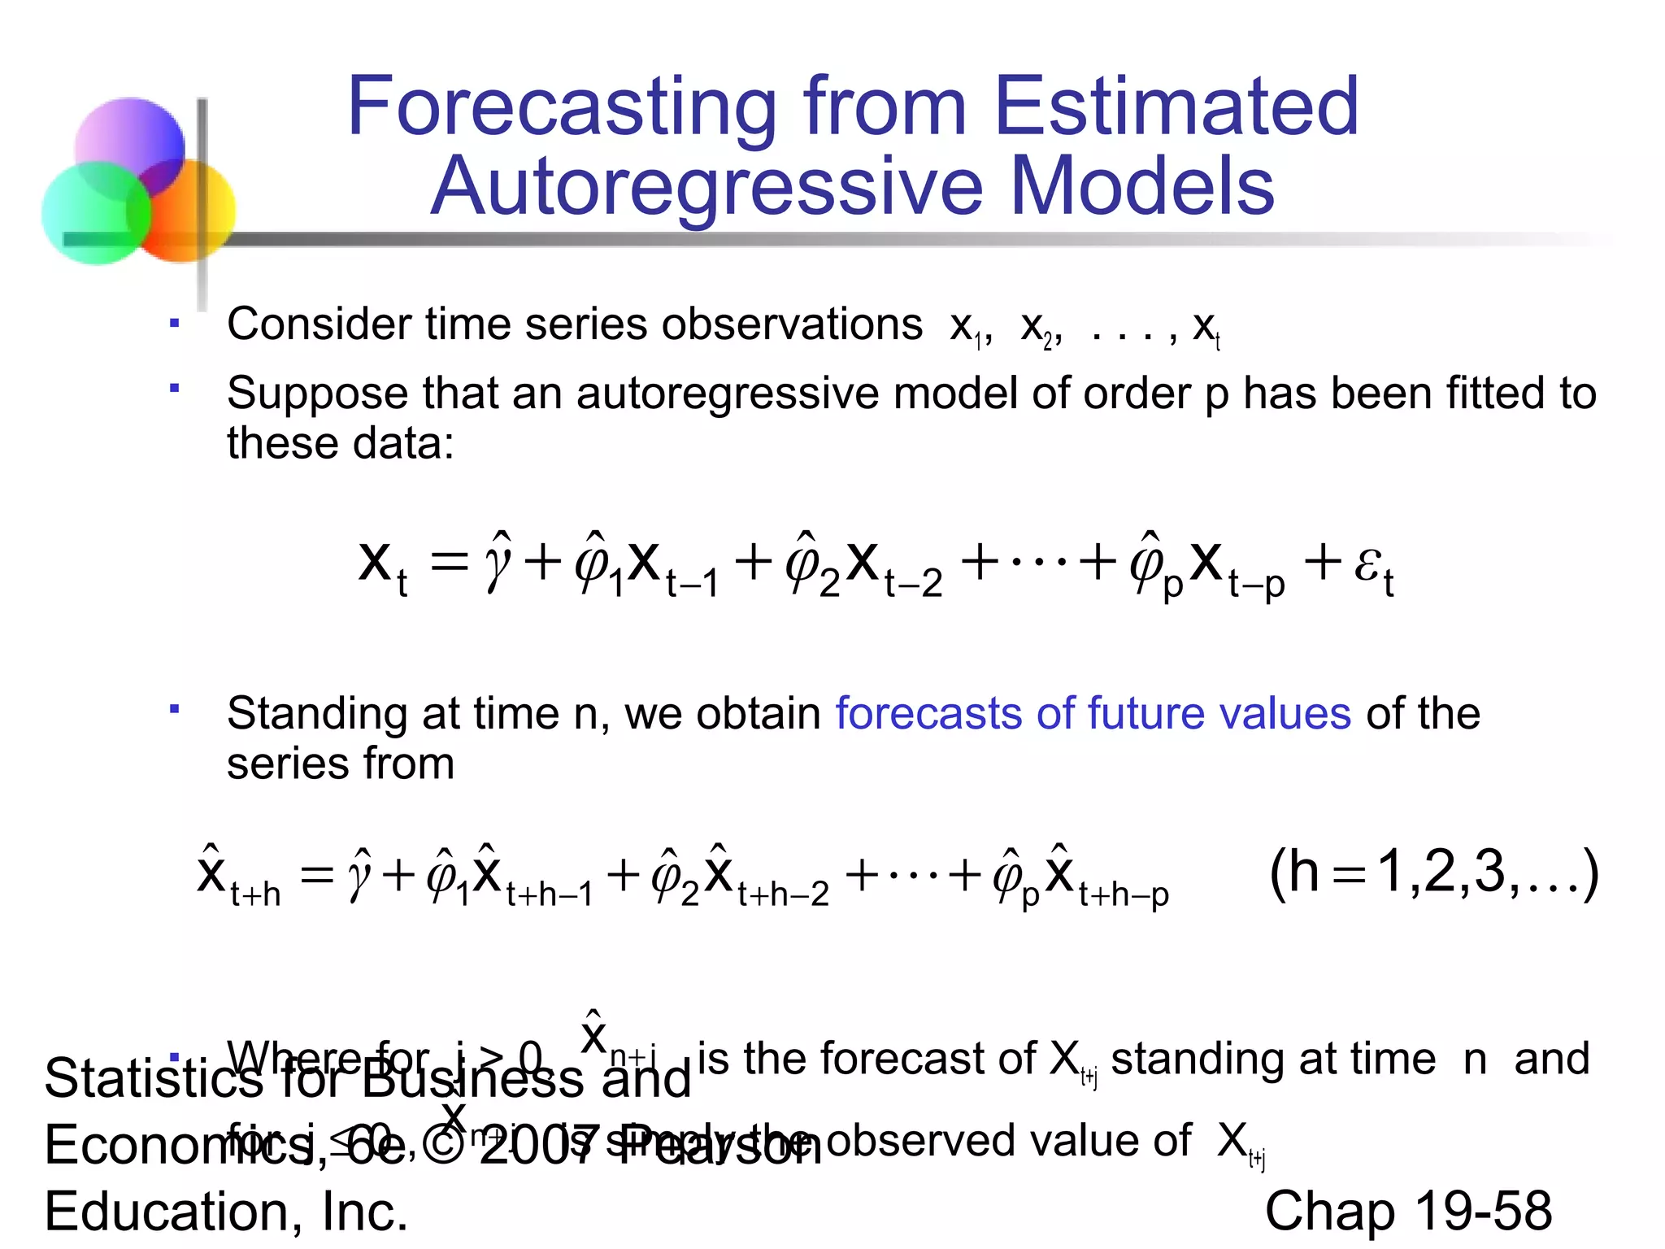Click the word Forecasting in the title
[x=562, y=107]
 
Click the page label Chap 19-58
[x=1408, y=1211]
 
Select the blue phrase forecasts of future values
[x=1093, y=714]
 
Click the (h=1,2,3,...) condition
[x=1433, y=873]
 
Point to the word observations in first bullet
[x=792, y=324]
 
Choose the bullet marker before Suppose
[x=174, y=389]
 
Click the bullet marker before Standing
[x=174, y=709]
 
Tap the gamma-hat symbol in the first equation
[x=498, y=561]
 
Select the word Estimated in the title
[x=1176, y=107]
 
